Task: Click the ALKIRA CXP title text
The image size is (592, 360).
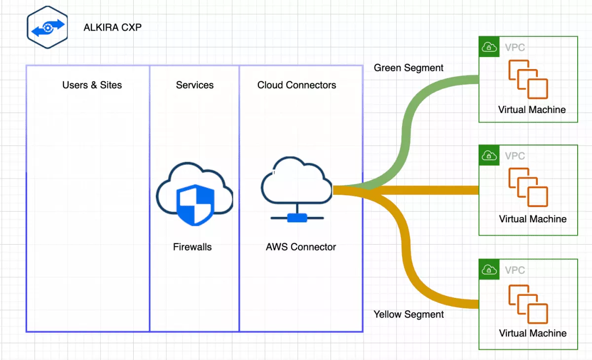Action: point(112,27)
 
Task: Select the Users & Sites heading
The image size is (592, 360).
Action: point(92,85)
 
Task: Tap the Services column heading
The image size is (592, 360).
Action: point(194,85)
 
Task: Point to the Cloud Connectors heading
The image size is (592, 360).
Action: point(296,85)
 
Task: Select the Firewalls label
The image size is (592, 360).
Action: point(192,247)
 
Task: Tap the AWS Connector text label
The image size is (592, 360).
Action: point(300,247)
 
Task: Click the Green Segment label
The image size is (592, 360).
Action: point(408,68)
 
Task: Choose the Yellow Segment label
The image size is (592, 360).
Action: point(408,314)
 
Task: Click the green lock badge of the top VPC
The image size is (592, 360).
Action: point(488,47)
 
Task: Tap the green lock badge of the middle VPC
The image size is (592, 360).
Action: point(488,155)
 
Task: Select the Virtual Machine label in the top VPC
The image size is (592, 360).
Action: point(532,109)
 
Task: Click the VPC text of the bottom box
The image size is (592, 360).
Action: point(515,270)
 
